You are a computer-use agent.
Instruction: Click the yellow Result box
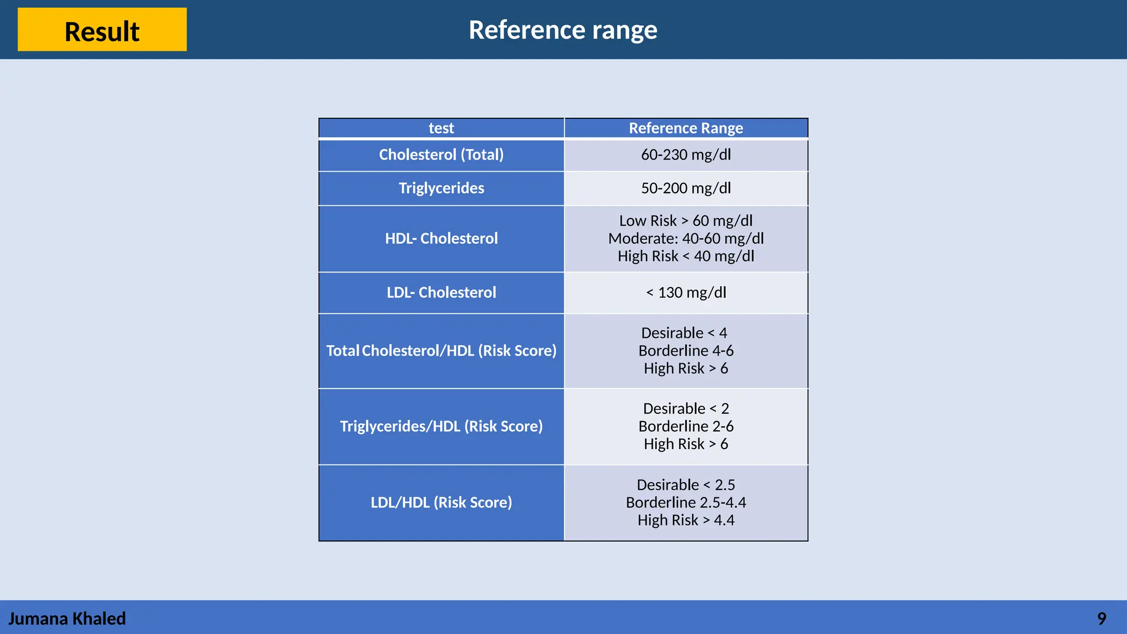102,30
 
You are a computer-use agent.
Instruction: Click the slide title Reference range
562,30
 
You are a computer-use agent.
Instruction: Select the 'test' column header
441,128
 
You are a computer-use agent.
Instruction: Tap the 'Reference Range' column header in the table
686,128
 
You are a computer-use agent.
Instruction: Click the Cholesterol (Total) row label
441,155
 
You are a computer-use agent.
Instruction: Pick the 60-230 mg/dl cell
686,155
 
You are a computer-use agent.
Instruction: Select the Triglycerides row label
441,188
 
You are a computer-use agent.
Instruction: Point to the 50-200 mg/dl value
686,188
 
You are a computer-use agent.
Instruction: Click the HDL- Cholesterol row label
441,238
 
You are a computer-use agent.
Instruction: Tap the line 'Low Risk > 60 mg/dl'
686,221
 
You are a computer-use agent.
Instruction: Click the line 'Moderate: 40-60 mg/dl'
686,238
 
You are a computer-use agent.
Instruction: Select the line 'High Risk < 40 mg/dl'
686,256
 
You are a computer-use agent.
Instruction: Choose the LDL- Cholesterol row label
441,292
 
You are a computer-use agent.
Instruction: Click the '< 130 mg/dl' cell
686,292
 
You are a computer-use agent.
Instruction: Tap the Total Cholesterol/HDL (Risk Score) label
441,351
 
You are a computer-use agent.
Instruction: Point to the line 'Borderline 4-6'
686,351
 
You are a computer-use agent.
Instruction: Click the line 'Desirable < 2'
686,408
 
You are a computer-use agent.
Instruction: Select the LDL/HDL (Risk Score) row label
441,502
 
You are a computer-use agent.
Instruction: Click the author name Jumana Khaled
67,619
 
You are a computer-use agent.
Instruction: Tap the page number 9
1101,619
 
